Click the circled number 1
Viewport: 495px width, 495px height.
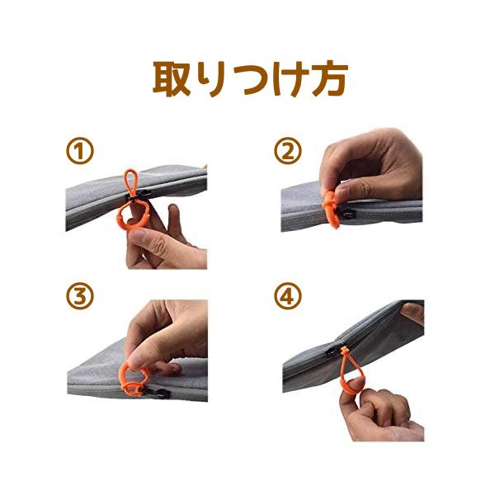[80, 151]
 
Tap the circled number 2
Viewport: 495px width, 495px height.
[288, 150]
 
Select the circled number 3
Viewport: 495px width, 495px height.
[80, 296]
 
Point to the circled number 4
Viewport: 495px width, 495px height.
[288, 296]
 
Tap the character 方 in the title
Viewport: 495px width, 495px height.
[329, 78]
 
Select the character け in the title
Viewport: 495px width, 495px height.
[290, 78]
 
